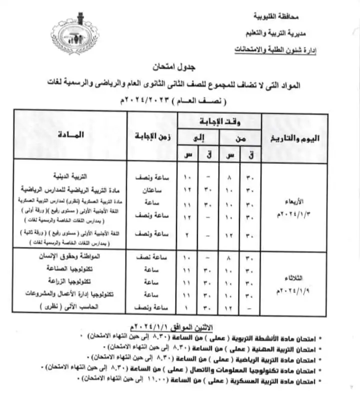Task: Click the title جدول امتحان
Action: (174, 66)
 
